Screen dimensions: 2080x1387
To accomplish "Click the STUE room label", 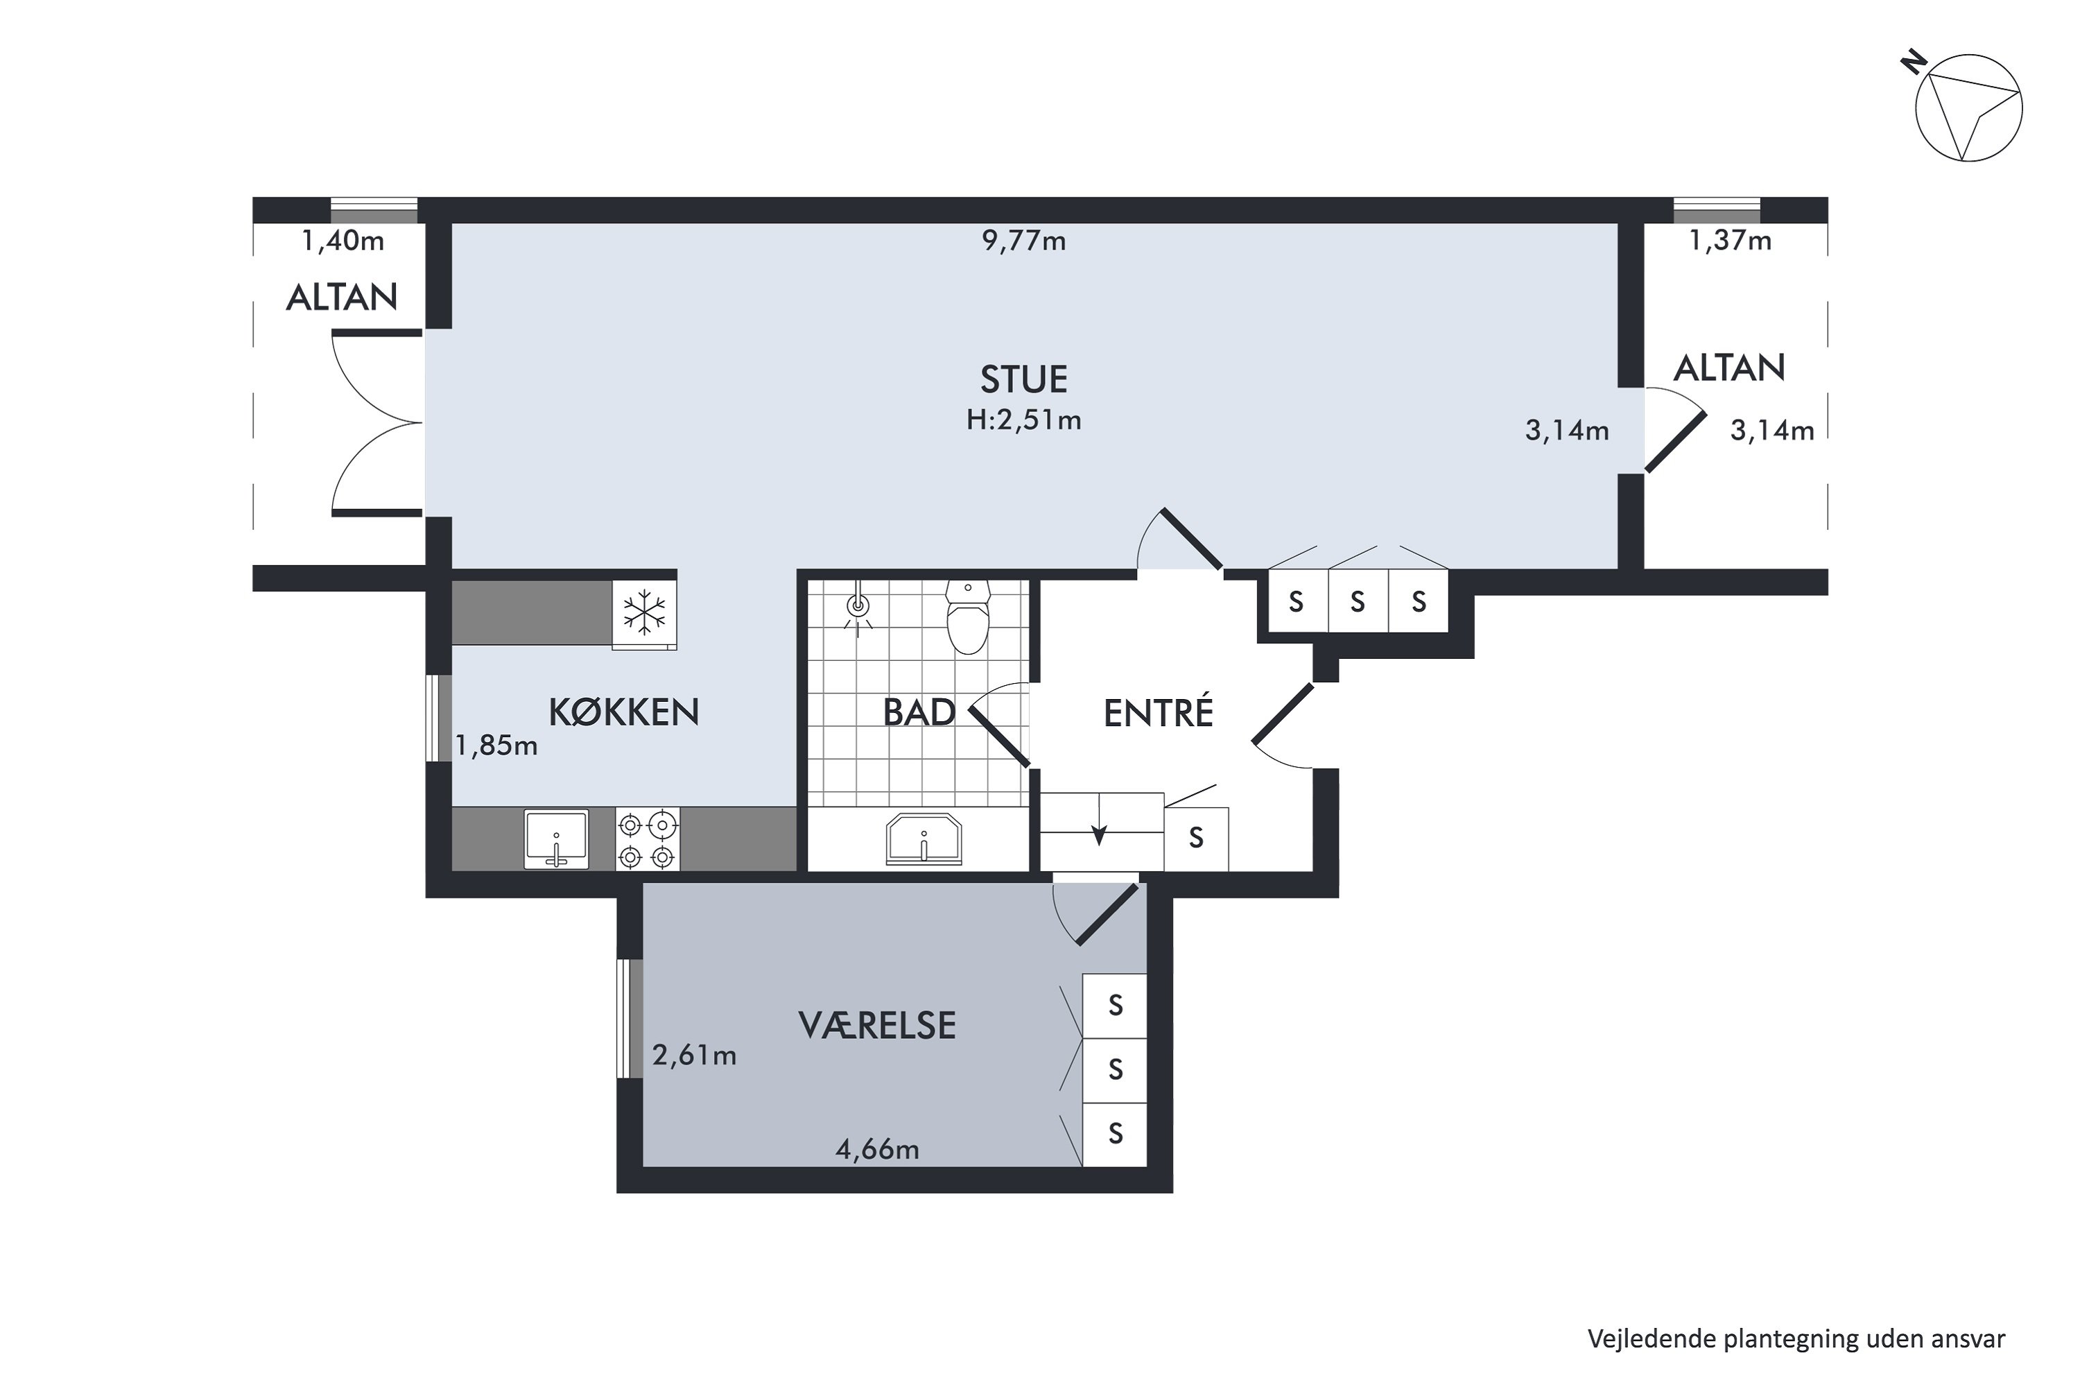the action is click(1023, 379).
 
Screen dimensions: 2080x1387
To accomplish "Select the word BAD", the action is click(920, 712).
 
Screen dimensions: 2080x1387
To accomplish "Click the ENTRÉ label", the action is click(1158, 712).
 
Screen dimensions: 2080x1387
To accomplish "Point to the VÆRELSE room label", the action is click(877, 1025).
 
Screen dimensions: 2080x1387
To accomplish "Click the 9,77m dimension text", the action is click(1023, 241).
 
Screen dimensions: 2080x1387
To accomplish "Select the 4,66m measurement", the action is click(877, 1149).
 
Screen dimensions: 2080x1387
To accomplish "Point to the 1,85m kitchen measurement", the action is click(496, 746).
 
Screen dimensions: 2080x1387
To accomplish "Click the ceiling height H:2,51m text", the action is click(1023, 420).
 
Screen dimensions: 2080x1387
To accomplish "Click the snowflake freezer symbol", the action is click(645, 613).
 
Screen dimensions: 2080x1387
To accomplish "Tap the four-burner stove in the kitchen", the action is click(648, 839).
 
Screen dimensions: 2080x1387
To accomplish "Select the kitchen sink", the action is click(556, 839).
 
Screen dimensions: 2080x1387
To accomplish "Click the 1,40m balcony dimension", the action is click(343, 241).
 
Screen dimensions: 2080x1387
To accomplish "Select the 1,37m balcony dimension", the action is click(1731, 241).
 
